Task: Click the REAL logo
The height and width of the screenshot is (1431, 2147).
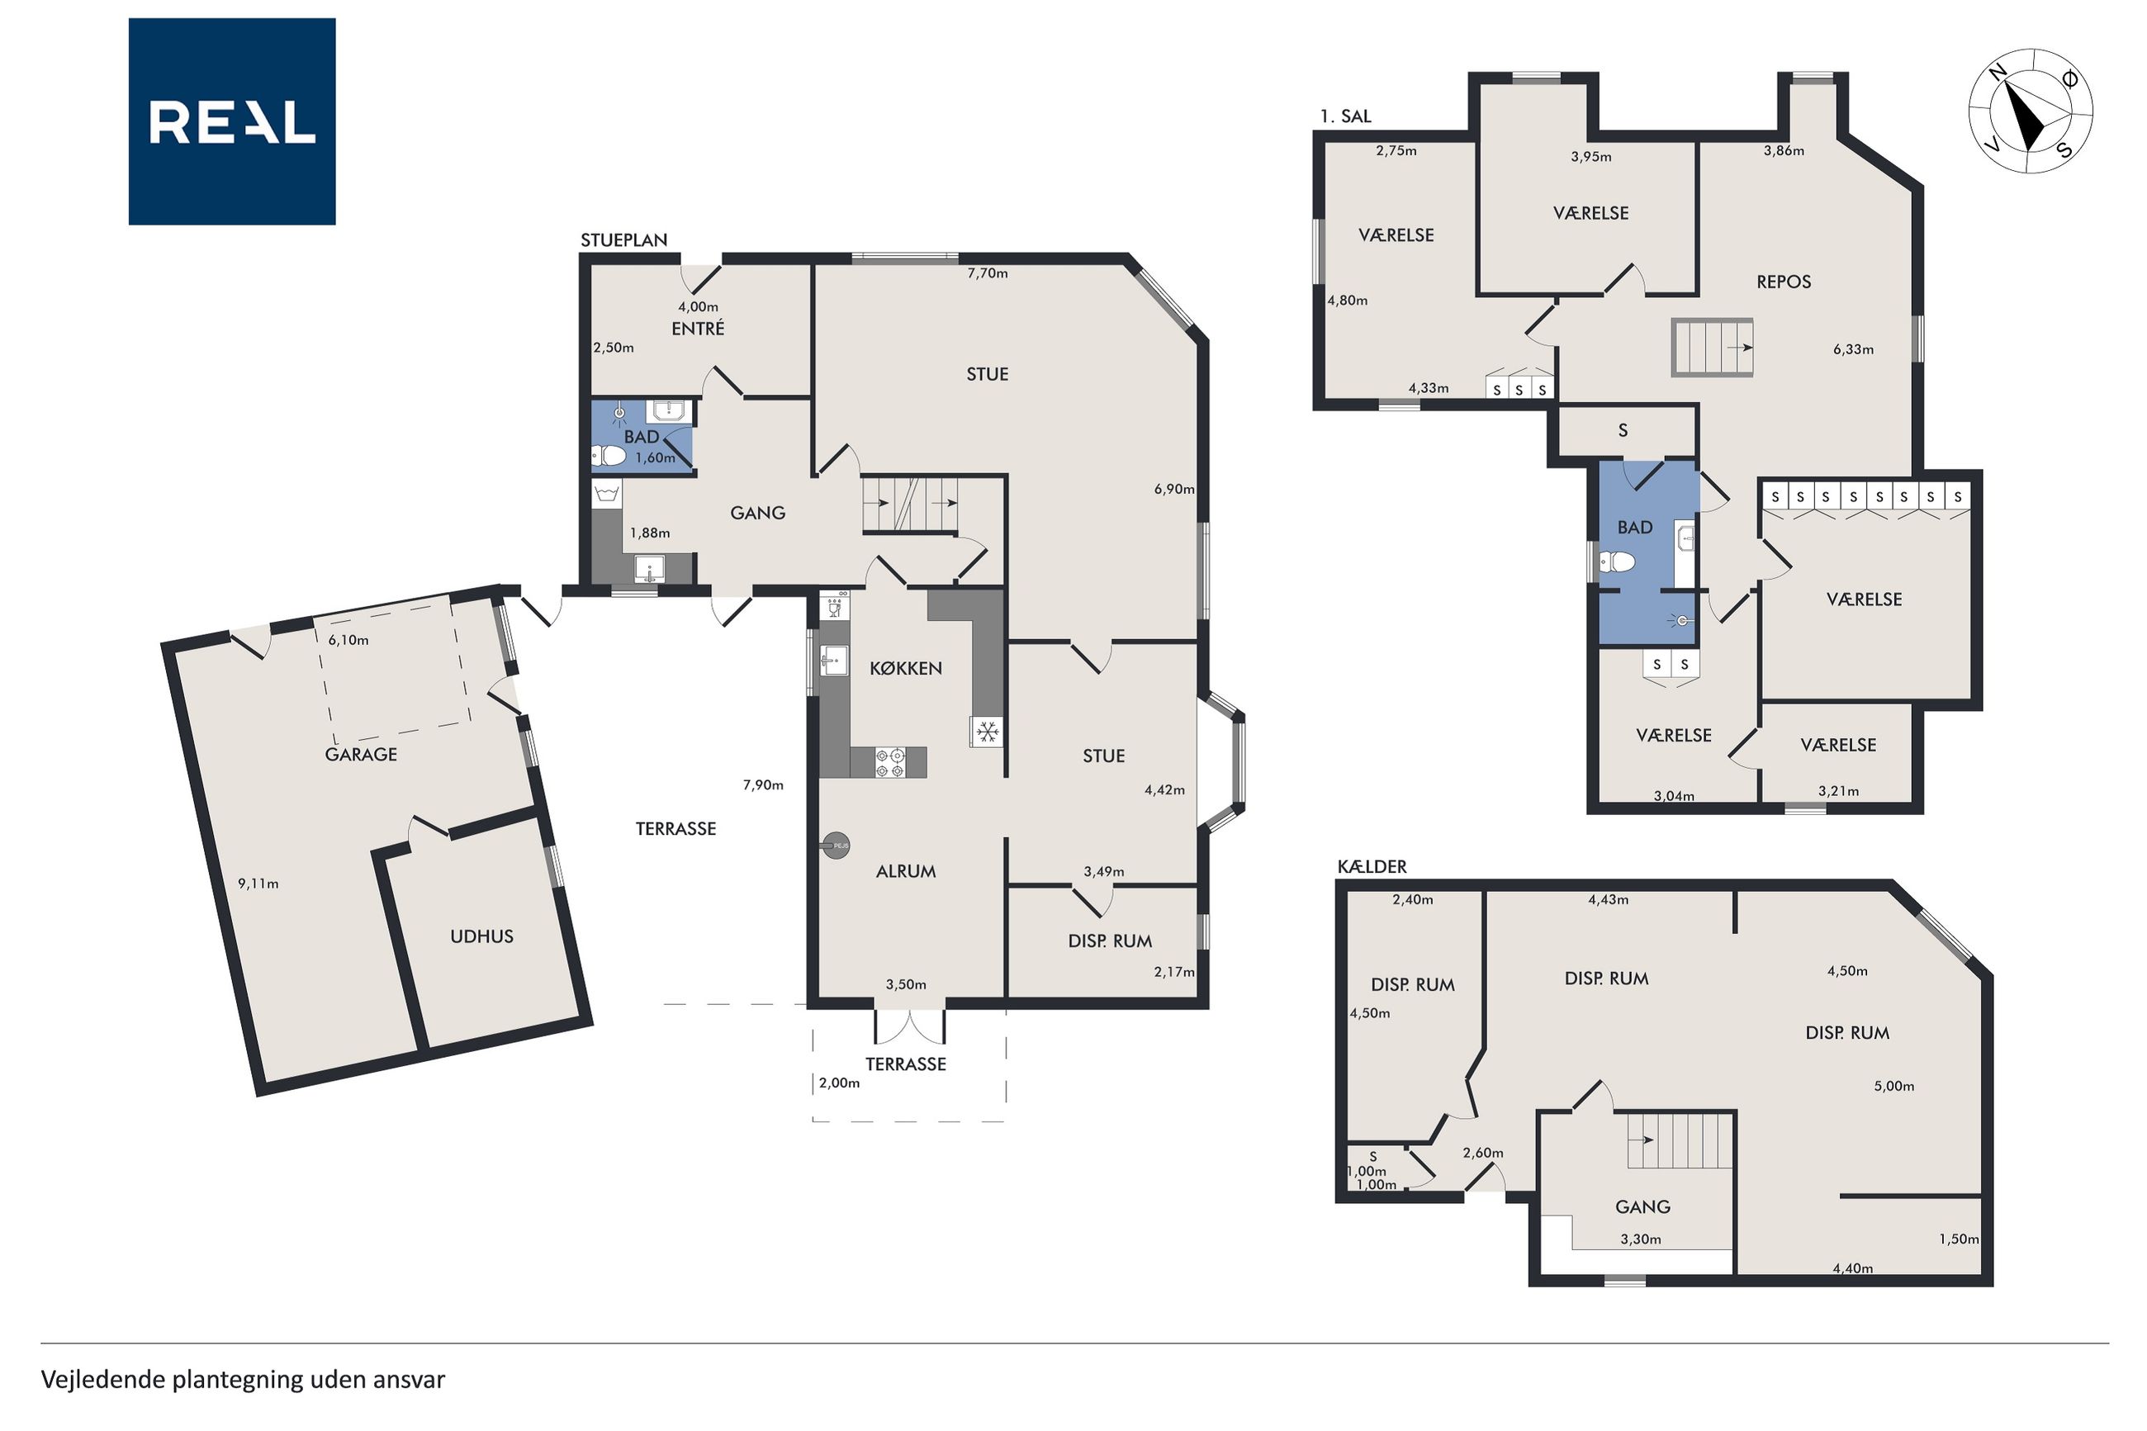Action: [x=232, y=121]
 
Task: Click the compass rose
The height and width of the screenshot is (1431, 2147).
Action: [x=2031, y=111]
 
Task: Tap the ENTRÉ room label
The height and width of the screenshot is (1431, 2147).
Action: [x=698, y=329]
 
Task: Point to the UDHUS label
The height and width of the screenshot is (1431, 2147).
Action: [x=481, y=936]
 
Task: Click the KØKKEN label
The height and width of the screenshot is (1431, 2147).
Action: [x=905, y=668]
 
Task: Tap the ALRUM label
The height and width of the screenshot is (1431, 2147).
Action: [x=905, y=871]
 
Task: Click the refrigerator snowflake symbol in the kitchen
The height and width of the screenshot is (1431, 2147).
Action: [x=986, y=732]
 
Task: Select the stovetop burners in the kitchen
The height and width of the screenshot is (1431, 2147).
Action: [x=889, y=762]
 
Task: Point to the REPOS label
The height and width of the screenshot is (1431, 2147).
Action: [x=1784, y=282]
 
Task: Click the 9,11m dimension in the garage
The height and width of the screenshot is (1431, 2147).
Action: [x=258, y=884]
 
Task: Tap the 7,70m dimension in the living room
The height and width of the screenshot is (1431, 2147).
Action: [x=988, y=272]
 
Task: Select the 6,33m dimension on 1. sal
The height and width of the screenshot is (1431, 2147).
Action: [x=1853, y=348]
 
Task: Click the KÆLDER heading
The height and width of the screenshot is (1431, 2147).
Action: [x=1372, y=866]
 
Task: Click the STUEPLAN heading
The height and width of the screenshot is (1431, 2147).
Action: [x=624, y=240]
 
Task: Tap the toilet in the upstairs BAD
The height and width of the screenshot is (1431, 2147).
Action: [x=1616, y=561]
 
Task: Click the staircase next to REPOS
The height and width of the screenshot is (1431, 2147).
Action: [x=1713, y=347]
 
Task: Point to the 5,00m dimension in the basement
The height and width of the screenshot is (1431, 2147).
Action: [x=1893, y=1086]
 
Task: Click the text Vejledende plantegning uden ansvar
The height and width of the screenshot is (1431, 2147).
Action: [x=243, y=1379]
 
